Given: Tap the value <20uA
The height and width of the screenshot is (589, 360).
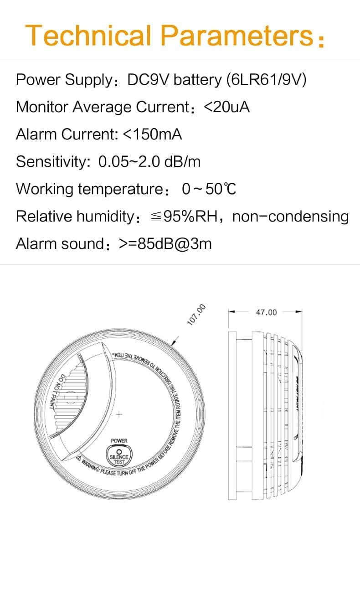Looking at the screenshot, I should click(x=226, y=107).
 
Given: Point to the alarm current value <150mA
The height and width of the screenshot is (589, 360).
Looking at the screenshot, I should click(x=153, y=134).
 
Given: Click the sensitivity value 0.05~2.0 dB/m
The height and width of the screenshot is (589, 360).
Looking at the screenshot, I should click(x=149, y=162).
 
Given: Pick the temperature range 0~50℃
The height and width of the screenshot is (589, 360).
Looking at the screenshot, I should click(x=209, y=189).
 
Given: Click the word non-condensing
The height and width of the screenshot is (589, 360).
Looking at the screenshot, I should click(x=290, y=216).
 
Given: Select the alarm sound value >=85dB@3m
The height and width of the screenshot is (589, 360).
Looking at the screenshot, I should click(x=165, y=243).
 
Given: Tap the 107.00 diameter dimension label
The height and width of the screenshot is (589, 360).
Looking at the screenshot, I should click(x=197, y=315).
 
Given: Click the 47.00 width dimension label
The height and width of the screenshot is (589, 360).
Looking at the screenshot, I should click(x=266, y=312).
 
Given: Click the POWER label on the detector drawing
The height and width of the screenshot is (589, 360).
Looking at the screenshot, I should click(x=119, y=441).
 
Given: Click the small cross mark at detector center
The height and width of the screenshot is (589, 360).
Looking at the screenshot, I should click(x=119, y=414).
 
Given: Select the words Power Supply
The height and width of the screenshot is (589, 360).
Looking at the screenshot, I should click(x=64, y=80).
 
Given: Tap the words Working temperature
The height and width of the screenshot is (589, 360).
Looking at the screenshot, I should click(x=89, y=189).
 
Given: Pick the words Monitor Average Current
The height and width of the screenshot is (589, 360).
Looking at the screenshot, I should click(x=102, y=107).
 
